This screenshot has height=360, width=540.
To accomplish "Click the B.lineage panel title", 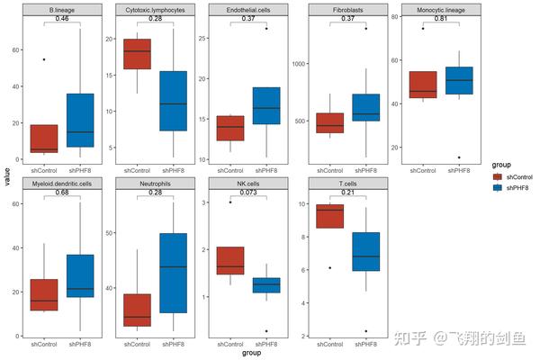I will pyautogui.click(x=62, y=10).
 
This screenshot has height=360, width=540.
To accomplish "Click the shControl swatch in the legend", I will pyautogui.click(x=497, y=177).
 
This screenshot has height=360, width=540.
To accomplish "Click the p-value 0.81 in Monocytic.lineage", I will pyautogui.click(x=441, y=19).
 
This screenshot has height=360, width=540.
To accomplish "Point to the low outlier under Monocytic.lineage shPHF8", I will pyautogui.click(x=459, y=157).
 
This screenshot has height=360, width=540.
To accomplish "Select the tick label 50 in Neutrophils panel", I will pyautogui.click(x=109, y=233).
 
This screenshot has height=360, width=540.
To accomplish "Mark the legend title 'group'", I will pyautogui.click(x=500, y=165).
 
